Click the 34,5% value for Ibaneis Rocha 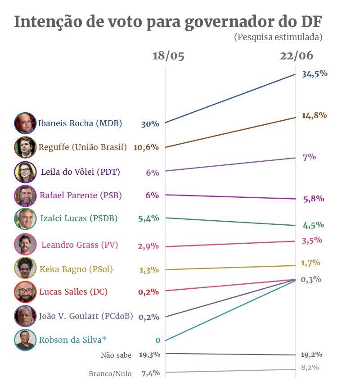(x=315, y=74)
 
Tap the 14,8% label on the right (x=314, y=115)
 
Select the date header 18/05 (x=168, y=56)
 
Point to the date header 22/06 (x=297, y=56)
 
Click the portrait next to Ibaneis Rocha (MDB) (x=25, y=123)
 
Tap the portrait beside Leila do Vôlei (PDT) (x=25, y=172)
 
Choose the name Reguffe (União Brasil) (x=83, y=147)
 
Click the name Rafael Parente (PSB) (x=81, y=196)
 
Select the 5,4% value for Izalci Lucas (x=149, y=218)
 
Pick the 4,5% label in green (x=313, y=225)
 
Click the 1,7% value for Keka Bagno (x=311, y=263)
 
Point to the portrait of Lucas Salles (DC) (x=25, y=292)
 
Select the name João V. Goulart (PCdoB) (x=86, y=316)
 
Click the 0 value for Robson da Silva (x=157, y=341)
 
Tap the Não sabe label (x=116, y=355)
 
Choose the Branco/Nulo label (x=110, y=373)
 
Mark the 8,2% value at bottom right (x=310, y=367)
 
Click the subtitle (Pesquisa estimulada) (x=278, y=37)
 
